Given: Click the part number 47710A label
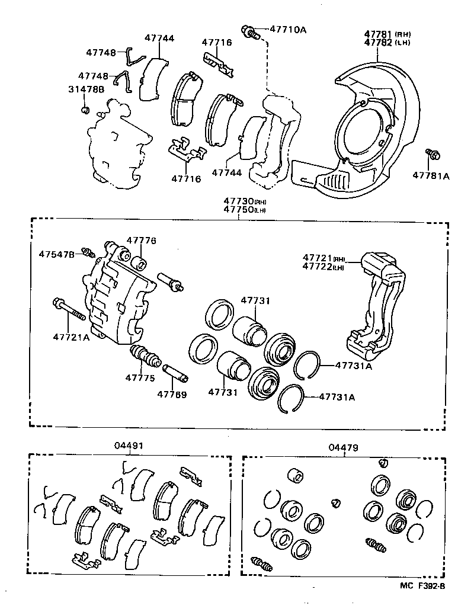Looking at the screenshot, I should click(288, 29).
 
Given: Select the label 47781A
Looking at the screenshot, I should click(431, 175).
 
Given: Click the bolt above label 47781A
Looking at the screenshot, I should click(432, 155).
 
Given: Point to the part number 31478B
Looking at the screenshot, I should click(85, 89).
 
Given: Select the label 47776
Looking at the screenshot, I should click(141, 241).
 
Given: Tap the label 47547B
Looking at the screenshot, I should click(57, 254).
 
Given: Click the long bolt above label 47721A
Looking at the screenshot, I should click(69, 309).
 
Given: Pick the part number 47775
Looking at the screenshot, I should click(140, 377).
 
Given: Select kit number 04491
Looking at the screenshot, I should click(129, 446).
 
